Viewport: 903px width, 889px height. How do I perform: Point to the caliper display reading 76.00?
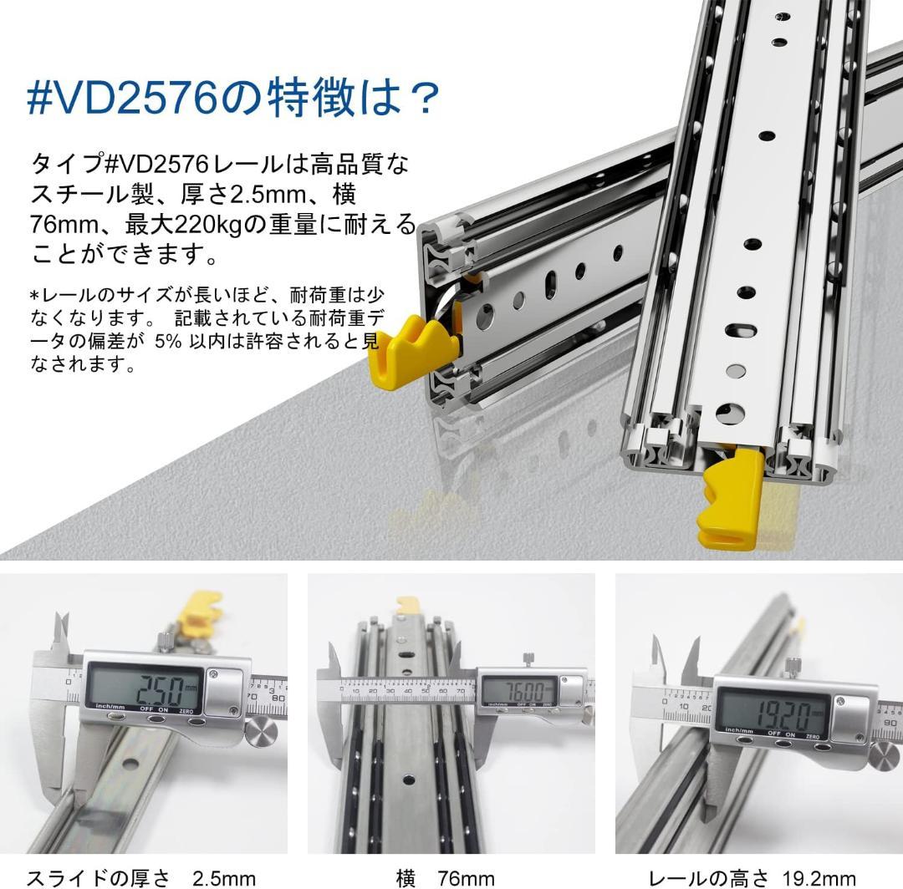point(518,691)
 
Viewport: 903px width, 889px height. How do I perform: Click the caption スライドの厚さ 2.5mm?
point(140,877)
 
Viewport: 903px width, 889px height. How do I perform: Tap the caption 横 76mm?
point(445,877)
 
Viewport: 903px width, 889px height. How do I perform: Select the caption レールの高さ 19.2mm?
point(752,877)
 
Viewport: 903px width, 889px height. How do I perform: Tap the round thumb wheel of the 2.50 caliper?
point(262,732)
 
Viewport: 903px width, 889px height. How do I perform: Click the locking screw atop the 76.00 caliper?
point(528,660)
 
